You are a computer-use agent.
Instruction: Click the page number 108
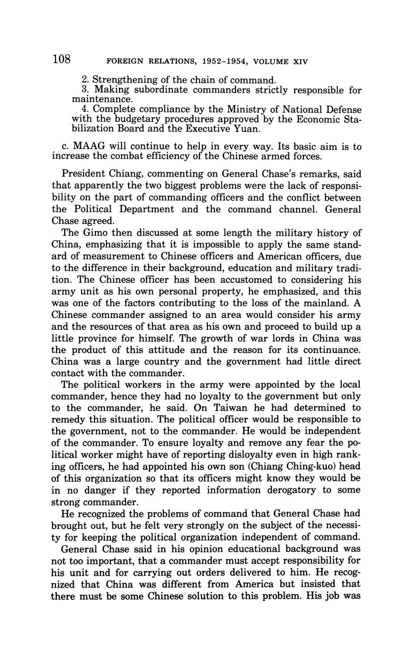pos(62,59)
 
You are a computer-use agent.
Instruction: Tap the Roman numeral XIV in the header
pos(299,62)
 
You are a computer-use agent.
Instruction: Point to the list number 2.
pos(85,80)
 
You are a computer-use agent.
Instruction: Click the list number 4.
pos(85,109)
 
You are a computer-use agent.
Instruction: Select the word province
pos(93,338)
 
